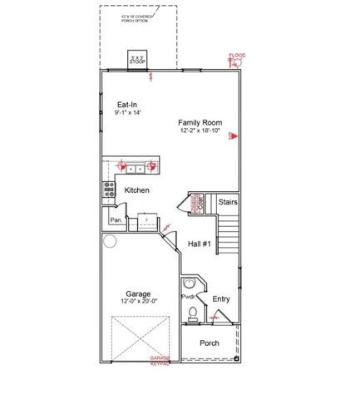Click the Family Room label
point(200,122)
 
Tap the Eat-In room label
point(128,105)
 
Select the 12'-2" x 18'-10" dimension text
point(200,131)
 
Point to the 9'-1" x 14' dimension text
point(129,113)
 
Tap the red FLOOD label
point(237,56)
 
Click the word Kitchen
point(137,190)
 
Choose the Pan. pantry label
point(116,220)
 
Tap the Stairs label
point(229,202)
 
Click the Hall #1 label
point(200,244)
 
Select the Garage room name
point(138,293)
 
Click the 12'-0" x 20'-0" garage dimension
point(139,303)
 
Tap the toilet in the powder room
point(193,314)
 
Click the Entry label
point(221,299)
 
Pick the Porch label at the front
point(210,342)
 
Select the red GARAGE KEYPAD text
point(160,361)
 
